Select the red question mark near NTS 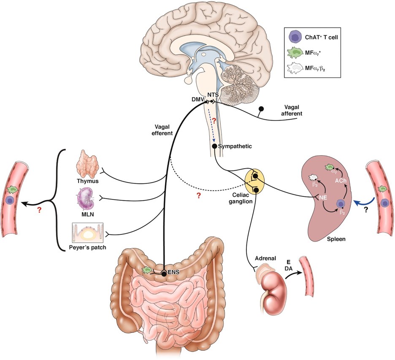click(x=214, y=121)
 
